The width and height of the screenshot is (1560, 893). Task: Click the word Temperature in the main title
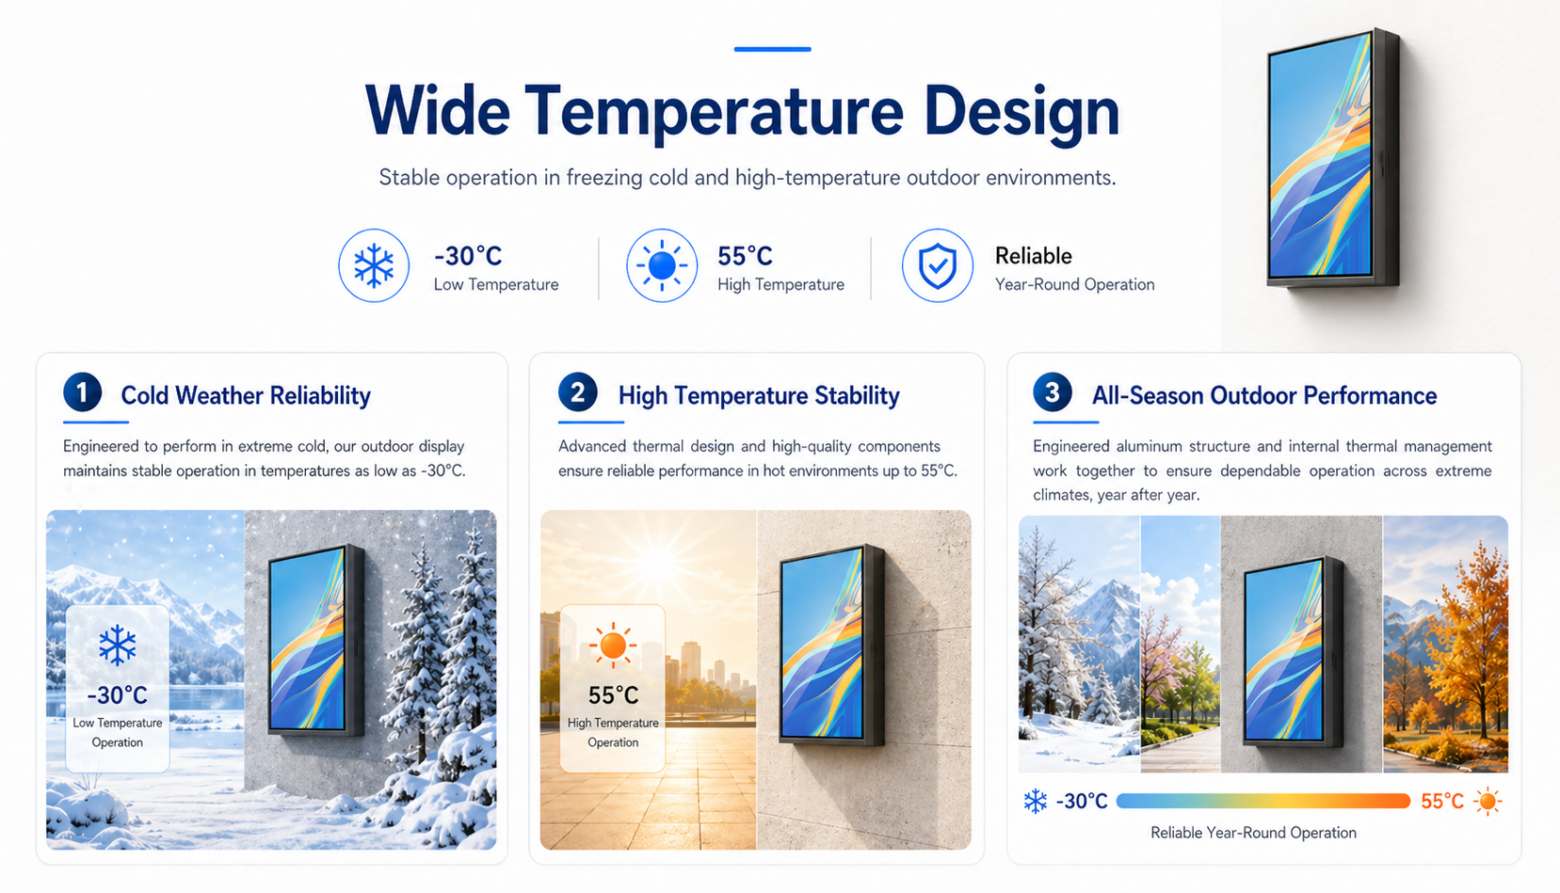pos(714,111)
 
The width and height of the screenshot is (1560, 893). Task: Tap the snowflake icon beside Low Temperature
pos(374,265)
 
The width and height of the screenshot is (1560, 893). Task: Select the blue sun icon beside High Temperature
pos(662,265)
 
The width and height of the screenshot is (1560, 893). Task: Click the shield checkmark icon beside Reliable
pos(938,265)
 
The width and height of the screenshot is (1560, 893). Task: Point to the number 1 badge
pos(82,391)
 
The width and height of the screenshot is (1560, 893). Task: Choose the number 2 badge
pos(577,391)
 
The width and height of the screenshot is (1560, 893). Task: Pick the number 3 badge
pos(1053,391)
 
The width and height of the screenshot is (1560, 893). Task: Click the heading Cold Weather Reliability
pos(246,395)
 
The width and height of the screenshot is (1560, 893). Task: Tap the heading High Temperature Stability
pos(759,395)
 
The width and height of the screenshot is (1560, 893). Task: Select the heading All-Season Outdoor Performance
pos(1264,395)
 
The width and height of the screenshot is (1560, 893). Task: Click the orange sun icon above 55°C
pos(613,646)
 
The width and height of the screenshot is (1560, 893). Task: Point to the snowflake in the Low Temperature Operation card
pos(117,646)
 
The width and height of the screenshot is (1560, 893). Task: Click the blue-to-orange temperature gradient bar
pos(1263,801)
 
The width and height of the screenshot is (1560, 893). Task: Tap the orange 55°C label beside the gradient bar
pos(1442,801)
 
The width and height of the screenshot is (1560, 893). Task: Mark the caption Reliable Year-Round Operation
pos(1254,833)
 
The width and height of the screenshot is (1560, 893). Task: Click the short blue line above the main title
pos(772,49)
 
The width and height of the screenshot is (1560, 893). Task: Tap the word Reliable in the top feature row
pos(1034,256)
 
